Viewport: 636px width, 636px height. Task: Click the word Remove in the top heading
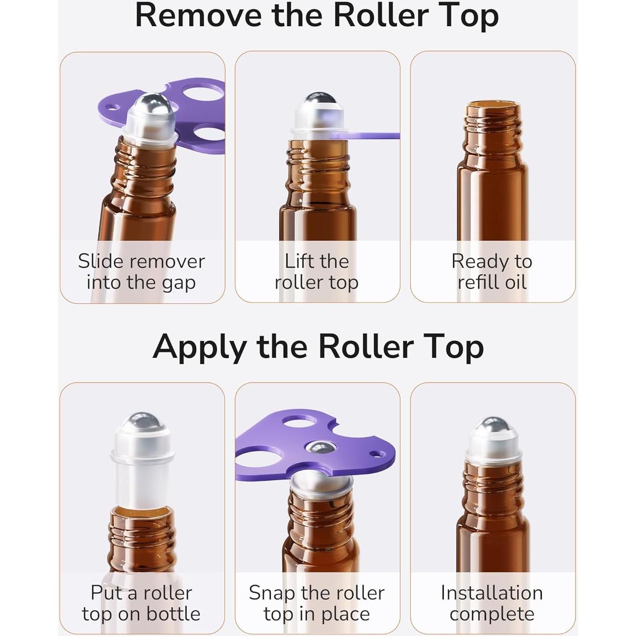[x=199, y=16]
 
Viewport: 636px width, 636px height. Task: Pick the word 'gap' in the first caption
[x=179, y=283]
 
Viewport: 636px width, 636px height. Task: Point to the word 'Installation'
[x=492, y=593]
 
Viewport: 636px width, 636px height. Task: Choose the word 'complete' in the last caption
[x=492, y=614]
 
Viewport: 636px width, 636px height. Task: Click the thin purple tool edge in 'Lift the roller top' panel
[x=372, y=136]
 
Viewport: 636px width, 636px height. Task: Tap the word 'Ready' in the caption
[x=477, y=261]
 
